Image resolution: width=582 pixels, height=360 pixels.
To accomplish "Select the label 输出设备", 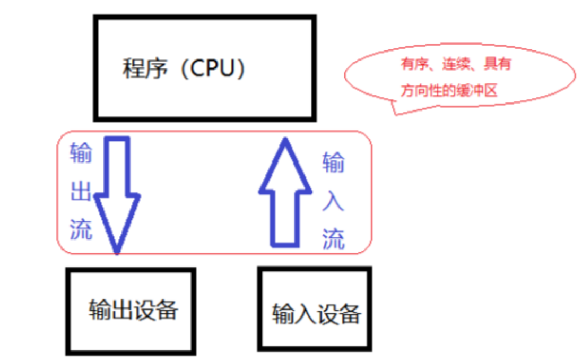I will tap(133, 310).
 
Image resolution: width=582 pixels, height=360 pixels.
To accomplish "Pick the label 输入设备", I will tap(316, 314).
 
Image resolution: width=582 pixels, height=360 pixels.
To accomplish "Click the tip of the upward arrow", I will tap(285, 140).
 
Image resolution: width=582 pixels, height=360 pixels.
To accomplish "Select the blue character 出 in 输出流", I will tap(81, 192).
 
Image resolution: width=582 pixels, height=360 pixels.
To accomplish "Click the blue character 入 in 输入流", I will tap(333, 202).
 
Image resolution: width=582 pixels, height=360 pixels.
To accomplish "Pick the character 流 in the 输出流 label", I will tap(81, 229).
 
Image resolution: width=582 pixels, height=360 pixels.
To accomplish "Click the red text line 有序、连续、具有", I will tap(456, 65).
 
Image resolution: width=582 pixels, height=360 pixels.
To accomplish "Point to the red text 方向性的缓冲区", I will tap(449, 91).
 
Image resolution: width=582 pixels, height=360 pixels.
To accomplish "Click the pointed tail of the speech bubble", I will tap(396, 113).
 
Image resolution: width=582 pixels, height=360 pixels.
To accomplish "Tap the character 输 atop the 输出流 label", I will tap(81, 153).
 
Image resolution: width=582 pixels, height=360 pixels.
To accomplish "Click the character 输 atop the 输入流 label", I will tap(333, 163).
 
